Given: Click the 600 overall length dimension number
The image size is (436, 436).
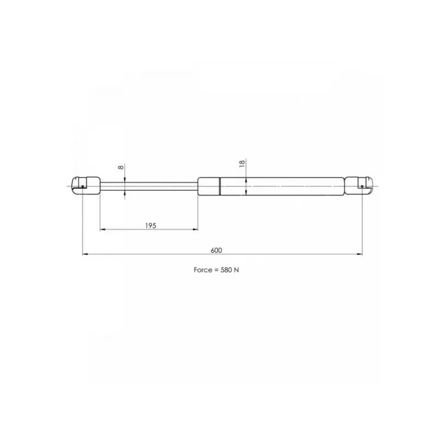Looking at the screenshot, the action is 216,250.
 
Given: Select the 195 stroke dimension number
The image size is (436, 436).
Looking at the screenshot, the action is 151,226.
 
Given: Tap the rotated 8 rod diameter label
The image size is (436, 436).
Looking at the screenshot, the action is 120,167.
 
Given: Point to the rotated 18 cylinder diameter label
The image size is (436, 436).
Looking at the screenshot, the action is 242,163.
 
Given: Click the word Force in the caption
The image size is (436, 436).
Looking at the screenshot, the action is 203,270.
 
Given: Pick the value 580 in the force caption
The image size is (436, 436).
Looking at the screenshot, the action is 226,270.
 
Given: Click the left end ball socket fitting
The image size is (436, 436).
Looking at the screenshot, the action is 86,186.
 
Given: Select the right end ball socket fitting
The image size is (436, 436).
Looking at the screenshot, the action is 359,186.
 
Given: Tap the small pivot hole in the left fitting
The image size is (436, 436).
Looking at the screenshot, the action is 83,186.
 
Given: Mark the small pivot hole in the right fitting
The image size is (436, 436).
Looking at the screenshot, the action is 362,186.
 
